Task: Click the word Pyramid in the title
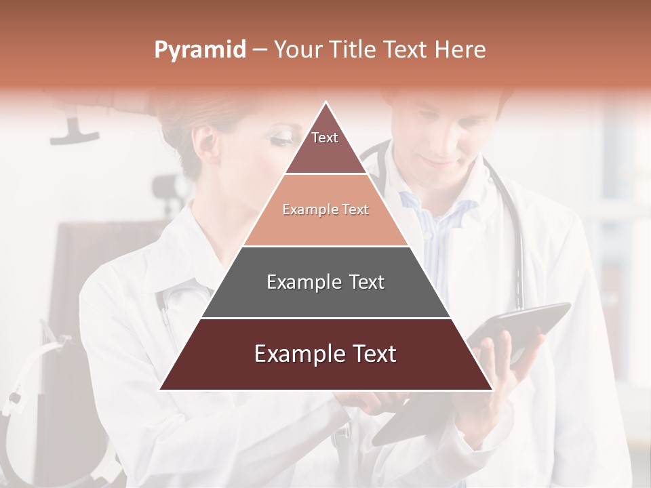[x=200, y=50]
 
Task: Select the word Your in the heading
[x=299, y=50]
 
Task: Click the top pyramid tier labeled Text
[x=325, y=146]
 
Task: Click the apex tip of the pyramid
[x=326, y=104]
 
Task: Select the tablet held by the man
[x=522, y=325]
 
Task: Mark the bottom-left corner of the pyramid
[x=161, y=389]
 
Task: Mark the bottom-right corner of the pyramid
[x=492, y=389]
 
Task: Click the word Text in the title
[x=404, y=50]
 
